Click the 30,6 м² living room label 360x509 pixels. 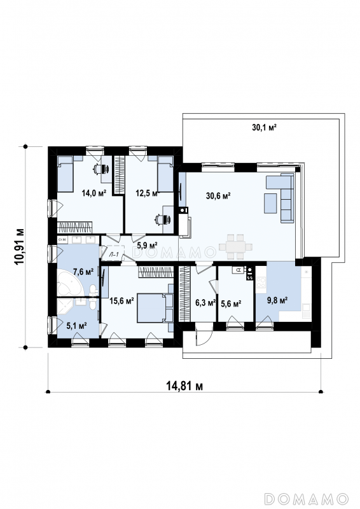218,195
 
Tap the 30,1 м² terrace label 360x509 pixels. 264,127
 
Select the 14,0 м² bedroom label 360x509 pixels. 94,193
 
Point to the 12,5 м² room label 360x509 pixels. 148,193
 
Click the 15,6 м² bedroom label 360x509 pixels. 121,301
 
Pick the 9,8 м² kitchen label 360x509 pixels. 277,300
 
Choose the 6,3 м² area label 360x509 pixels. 205,303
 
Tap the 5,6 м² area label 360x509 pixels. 231,304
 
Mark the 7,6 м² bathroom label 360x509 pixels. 83,272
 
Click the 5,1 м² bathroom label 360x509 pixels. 76,325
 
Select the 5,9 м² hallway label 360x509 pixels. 147,245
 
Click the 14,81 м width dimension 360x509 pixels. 184,386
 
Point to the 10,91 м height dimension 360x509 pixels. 19,247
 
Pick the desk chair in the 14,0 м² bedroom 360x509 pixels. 100,169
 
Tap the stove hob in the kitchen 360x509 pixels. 261,282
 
